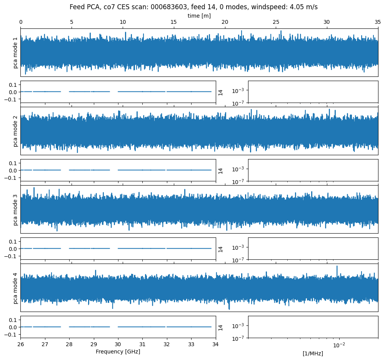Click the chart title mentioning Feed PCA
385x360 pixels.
(193, 7)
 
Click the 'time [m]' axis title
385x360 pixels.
(199, 16)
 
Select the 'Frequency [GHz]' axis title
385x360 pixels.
(118, 352)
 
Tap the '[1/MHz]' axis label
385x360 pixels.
(313, 353)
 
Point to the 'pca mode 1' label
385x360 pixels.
(15, 53)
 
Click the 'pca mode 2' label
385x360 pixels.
(15, 131)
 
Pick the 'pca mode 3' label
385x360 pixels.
(15, 209)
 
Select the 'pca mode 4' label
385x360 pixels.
(15, 288)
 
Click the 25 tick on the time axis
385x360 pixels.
(276, 22)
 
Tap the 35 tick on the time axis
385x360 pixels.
(378, 22)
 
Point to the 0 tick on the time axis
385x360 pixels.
(21, 22)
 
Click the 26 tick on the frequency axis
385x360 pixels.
(21, 344)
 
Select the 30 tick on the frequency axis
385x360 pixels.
(118, 344)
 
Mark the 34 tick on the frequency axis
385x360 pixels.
(216, 344)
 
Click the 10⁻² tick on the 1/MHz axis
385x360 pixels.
(339, 345)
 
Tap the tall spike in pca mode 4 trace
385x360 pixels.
(337, 266)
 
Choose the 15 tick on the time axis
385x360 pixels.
(173, 22)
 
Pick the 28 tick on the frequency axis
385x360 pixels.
(70, 344)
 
